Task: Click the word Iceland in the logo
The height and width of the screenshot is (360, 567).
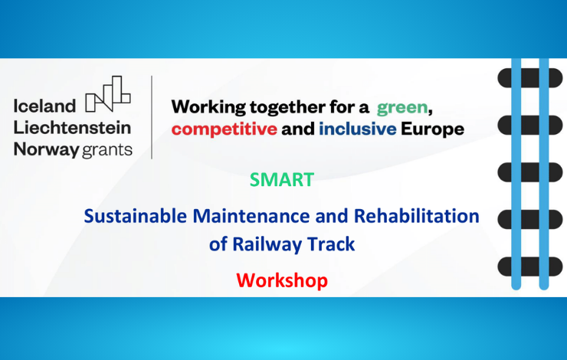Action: [45, 106]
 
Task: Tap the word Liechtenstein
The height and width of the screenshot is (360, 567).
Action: [72, 128]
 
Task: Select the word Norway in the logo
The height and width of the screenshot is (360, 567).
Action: [46, 149]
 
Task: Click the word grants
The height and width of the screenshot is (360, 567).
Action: [107, 150]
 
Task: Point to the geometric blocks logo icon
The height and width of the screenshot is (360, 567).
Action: [108, 93]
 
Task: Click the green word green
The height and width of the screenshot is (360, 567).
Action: [402, 108]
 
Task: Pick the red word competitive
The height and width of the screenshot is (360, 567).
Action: [225, 129]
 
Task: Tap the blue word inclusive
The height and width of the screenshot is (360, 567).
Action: [357, 129]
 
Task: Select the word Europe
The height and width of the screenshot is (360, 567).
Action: [432, 129]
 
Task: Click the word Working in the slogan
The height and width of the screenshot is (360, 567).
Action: [208, 107]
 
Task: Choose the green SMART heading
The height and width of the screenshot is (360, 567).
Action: [282, 180]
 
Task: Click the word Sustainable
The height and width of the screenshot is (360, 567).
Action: [136, 216]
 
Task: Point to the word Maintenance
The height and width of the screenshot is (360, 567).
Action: [251, 216]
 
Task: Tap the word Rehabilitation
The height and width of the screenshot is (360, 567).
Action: [417, 216]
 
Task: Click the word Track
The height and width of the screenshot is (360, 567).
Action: [326, 244]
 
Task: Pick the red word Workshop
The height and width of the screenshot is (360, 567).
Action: [282, 280]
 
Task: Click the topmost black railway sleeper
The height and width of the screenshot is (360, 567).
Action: [530, 78]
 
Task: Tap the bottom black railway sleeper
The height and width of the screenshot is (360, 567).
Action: [530, 267]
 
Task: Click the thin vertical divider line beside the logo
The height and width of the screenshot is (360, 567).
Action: [152, 117]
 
